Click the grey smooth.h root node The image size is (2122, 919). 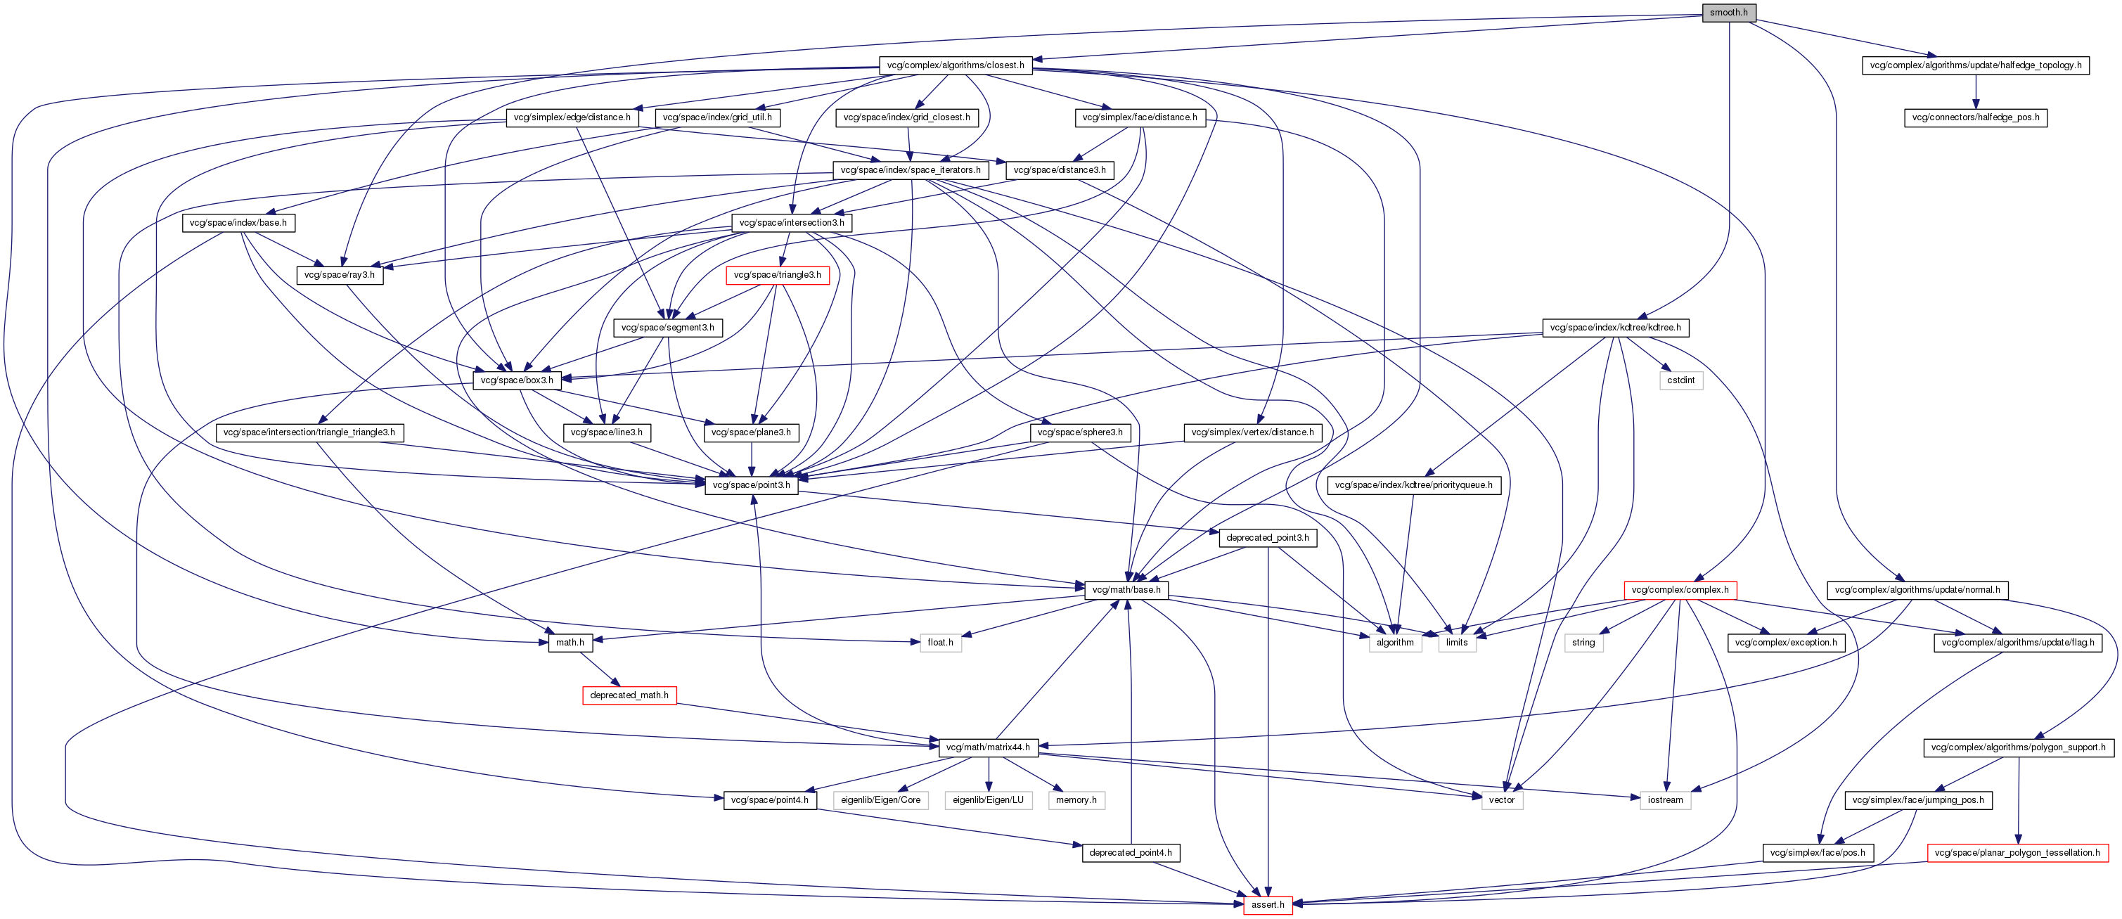1728,13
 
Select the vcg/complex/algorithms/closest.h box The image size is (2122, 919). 956,65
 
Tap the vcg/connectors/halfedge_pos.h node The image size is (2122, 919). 1975,117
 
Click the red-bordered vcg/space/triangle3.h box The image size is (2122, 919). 777,275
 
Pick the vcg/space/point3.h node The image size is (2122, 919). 750,485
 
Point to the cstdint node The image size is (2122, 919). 1680,380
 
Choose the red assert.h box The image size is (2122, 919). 1267,905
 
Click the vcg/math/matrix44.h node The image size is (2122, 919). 988,747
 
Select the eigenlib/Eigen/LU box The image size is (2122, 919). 988,800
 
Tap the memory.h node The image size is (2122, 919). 1076,800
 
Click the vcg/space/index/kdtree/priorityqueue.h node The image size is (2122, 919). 1413,485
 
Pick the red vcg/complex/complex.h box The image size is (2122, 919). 1680,591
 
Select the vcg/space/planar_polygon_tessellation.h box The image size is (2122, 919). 2017,853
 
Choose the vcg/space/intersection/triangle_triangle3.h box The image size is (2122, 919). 309,432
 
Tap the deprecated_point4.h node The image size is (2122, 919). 1130,853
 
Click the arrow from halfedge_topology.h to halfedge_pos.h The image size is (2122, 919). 1975,91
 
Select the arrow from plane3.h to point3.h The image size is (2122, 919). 750,458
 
